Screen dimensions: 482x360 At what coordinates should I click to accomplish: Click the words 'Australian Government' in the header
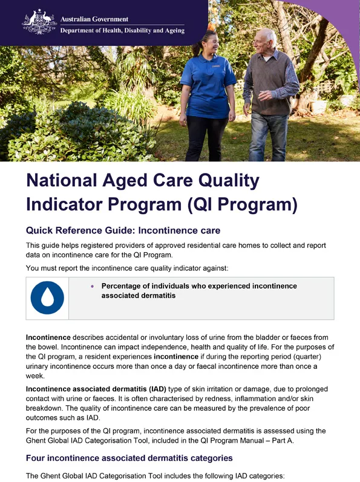pos(94,19)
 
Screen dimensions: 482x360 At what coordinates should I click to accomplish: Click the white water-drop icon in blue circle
pos(47,297)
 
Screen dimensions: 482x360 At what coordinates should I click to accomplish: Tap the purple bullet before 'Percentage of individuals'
pos(92,286)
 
